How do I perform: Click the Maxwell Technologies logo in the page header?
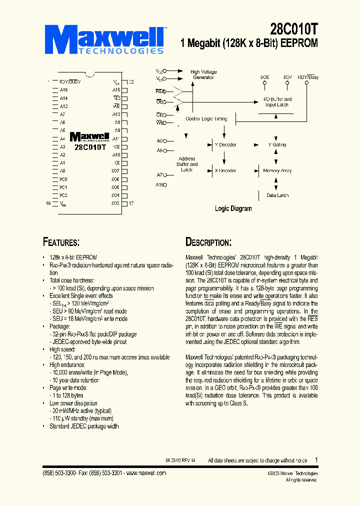107,39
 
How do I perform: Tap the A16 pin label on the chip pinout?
63,90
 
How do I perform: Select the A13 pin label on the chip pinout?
116,114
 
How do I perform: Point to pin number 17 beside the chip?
131,203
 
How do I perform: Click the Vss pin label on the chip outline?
63,203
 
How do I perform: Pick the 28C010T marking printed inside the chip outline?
90,147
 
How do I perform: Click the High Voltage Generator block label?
203,74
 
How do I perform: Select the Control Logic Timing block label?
206,119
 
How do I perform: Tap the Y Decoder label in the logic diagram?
225,145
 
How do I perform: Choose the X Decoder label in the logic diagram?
225,171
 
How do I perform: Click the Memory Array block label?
277,171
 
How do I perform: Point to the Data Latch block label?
277,195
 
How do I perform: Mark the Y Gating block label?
277,145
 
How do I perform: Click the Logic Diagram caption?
233,208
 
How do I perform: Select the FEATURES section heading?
61,242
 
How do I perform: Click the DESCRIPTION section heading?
208,242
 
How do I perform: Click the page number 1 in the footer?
316,459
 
